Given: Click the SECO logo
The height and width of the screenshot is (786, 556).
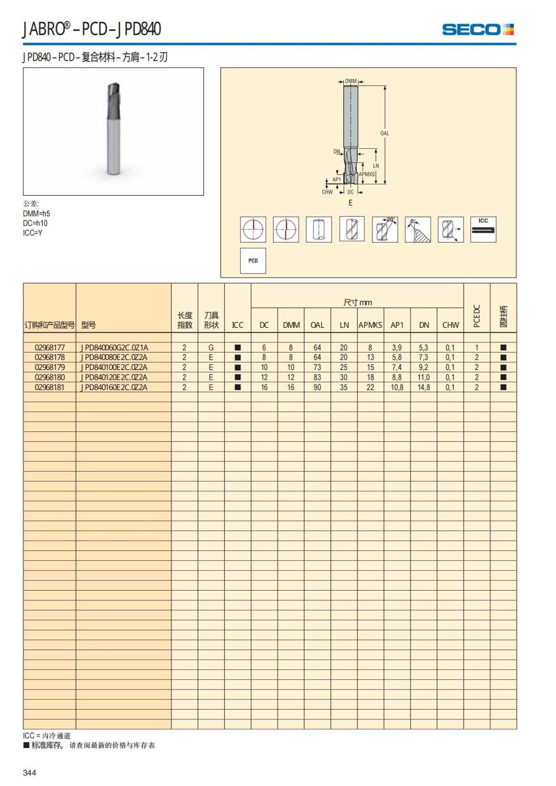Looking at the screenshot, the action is tap(478, 30).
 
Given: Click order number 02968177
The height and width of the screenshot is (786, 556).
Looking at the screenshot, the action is tap(50, 347).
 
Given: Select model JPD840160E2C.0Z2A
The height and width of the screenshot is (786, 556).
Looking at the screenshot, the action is tap(114, 387).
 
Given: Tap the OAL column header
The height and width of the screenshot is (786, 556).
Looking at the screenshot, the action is tap(317, 325).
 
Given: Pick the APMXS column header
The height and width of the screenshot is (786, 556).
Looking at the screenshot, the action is tap(370, 325).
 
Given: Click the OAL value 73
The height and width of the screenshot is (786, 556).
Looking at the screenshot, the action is tap(317, 367).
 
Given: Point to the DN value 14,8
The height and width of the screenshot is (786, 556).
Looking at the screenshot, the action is tap(423, 387).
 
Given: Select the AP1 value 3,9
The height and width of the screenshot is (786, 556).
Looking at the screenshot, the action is tap(397, 347).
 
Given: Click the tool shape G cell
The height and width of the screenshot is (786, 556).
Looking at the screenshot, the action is tap(211, 347).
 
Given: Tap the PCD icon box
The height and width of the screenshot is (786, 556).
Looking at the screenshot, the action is tap(253, 261).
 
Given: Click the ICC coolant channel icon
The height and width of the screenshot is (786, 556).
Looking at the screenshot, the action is tap(483, 229).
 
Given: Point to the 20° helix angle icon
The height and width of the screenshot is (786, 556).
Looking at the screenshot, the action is tap(385, 229).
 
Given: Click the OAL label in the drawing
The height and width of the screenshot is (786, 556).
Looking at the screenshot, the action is tap(385, 133).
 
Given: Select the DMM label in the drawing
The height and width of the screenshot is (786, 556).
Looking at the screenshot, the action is tap(351, 82).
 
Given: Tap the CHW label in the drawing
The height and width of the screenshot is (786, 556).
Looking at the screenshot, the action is tap(327, 192).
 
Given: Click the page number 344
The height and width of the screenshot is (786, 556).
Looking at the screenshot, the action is tap(29, 773).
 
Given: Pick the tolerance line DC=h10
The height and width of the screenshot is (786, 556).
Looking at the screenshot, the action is tap(35, 223).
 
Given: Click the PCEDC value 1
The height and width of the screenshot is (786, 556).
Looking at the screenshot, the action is tap(476, 347).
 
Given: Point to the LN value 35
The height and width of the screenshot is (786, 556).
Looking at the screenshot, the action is tap(343, 387).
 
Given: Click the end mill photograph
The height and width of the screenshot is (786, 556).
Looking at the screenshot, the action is tap(113, 131).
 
